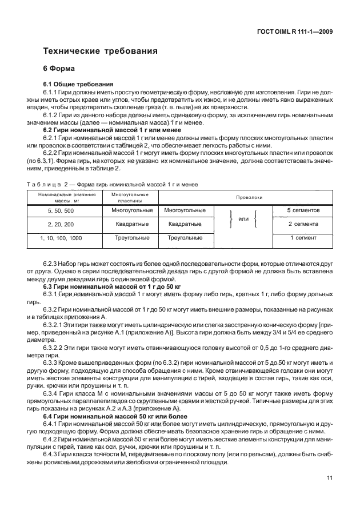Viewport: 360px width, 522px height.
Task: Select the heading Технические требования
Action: pyautogui.click(x=101, y=51)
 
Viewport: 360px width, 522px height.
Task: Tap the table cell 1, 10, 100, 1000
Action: pyautogui.click(x=61, y=237)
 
